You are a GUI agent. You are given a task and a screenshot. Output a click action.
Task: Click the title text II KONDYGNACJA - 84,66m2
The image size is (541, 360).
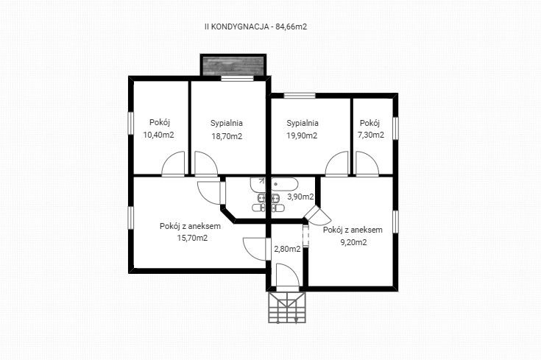coord(255,27)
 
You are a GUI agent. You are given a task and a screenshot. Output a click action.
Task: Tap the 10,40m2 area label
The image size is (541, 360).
coord(158,135)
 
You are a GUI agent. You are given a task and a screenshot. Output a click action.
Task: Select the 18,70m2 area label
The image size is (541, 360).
coord(227,136)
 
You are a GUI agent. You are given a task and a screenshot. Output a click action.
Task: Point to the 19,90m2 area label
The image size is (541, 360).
coord(302,135)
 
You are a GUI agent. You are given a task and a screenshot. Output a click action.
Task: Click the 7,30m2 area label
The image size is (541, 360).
coord(371,135)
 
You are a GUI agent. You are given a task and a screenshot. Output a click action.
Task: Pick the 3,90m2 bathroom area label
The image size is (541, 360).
coord(300,197)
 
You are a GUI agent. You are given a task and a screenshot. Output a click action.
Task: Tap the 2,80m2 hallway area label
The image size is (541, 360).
coord(287,249)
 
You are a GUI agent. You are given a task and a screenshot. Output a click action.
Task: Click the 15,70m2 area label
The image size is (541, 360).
coord(192,238)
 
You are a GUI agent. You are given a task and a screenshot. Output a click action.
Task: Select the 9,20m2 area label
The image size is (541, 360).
coord(353,242)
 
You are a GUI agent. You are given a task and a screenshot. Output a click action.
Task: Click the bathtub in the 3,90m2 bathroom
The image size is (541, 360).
coord(285,184)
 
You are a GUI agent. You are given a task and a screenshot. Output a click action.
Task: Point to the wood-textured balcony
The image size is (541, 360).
coord(233,66)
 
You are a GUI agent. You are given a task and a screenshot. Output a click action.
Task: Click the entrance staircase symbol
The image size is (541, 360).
coord(287,307)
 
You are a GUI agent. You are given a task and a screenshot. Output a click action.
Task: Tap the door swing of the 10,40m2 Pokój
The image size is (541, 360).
coord(173,164)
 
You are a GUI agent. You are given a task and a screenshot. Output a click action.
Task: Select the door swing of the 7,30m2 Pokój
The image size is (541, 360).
coord(367,164)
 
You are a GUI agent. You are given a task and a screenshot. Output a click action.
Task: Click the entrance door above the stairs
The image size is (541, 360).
coord(288,277)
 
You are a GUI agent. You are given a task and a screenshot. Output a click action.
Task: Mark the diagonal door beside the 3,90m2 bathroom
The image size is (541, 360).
coord(317,216)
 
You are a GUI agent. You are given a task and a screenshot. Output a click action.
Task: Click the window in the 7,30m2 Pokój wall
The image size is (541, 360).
coord(395,128)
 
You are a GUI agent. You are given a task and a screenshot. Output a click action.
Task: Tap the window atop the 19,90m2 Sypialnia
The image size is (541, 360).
coord(300,96)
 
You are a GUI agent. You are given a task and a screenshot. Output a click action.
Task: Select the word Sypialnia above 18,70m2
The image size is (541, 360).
coord(227,123)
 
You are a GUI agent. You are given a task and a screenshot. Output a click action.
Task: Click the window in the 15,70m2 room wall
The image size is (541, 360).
coord(131,218)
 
